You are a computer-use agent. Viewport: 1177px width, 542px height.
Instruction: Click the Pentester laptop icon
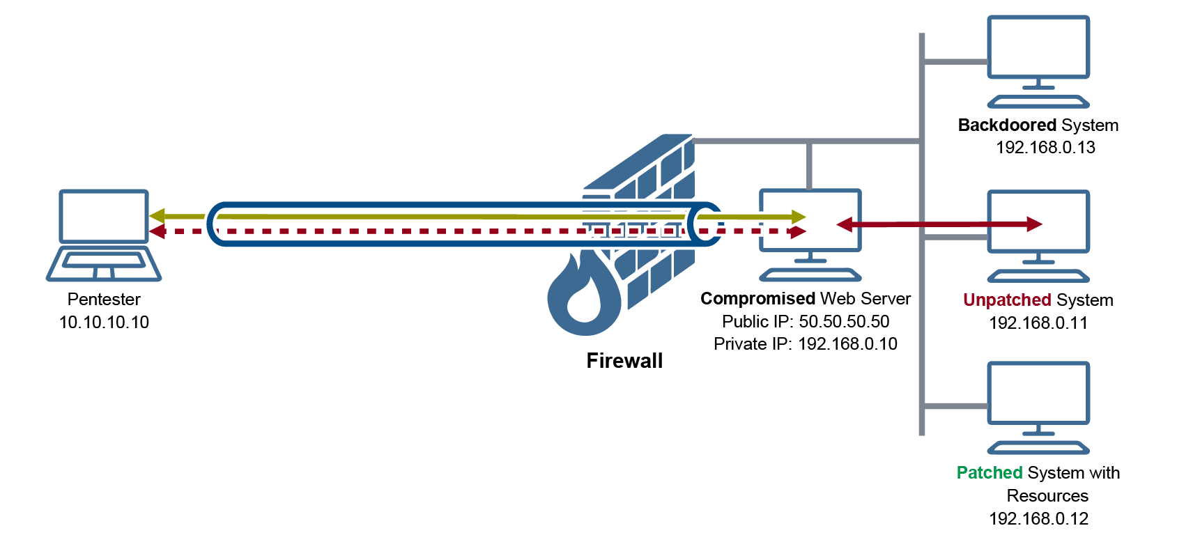click(x=104, y=235)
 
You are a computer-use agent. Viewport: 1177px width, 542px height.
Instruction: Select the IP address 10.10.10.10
click(x=104, y=323)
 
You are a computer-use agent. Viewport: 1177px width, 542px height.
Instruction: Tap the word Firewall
click(x=624, y=361)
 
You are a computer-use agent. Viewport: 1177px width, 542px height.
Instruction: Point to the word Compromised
click(x=757, y=299)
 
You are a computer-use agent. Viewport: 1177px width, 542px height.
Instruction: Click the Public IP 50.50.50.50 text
click(x=806, y=322)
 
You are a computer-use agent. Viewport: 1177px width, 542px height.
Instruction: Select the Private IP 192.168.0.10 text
click(x=806, y=344)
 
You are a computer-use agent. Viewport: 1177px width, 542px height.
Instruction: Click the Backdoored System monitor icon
click(x=1038, y=61)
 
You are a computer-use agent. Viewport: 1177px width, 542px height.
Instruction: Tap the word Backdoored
click(x=1008, y=125)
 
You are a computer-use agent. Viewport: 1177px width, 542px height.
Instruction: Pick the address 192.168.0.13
click(x=1045, y=148)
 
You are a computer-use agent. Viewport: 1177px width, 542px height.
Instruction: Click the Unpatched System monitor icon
click(x=1038, y=235)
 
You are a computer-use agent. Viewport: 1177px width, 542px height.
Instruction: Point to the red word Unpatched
click(x=1007, y=300)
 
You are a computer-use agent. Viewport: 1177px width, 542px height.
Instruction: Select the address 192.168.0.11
click(x=1038, y=323)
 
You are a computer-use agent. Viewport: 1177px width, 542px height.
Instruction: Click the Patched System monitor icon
click(x=1038, y=407)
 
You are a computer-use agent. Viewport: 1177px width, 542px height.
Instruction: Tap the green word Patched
click(x=990, y=473)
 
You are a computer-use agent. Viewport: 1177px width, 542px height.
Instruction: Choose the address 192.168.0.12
click(x=1038, y=519)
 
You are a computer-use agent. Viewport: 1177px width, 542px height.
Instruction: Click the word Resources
click(x=1047, y=496)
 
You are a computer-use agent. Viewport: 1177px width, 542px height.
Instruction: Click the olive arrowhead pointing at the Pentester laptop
click(x=157, y=216)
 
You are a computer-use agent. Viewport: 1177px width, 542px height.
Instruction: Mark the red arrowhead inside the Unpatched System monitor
click(x=1034, y=224)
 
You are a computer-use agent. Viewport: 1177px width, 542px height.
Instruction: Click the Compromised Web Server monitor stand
click(x=810, y=268)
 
